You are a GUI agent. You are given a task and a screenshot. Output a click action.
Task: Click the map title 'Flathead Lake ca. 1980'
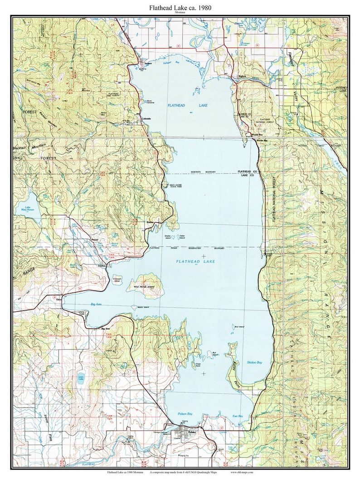coord(180,8)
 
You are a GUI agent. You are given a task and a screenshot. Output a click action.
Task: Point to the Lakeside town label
coord(144,119)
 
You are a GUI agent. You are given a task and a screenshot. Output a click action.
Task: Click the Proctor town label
coord(95,239)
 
